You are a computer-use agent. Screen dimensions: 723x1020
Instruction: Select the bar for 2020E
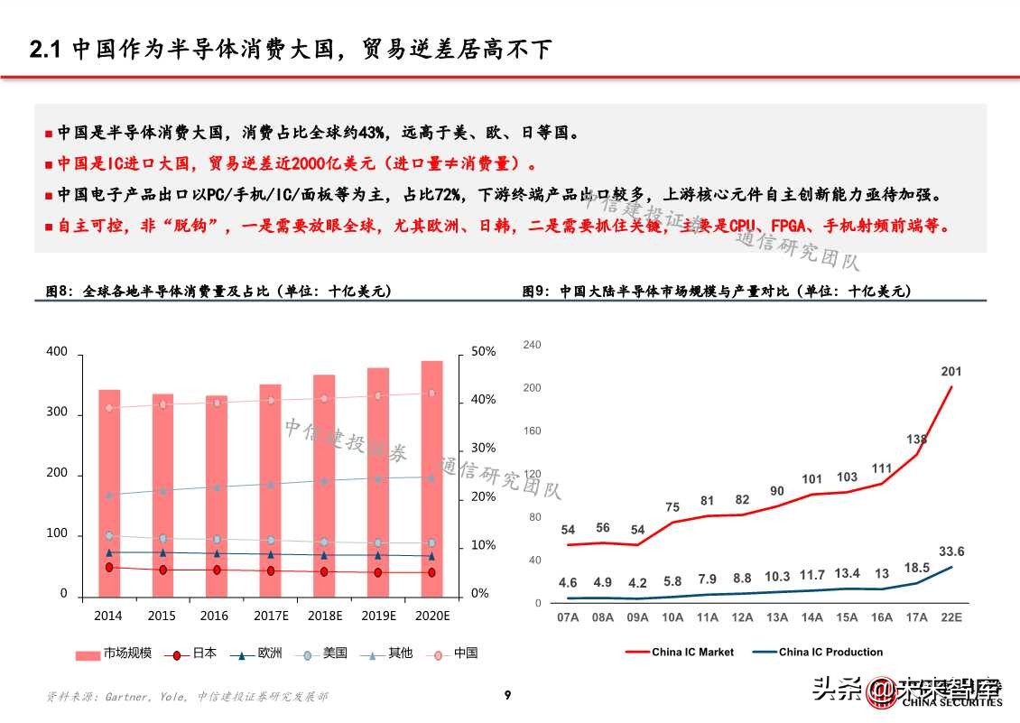(431, 478)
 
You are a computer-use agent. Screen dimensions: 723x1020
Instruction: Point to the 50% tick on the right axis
(483, 351)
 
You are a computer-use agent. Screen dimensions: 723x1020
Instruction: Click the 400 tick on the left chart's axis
(57, 351)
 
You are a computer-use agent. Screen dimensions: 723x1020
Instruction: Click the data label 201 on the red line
(951, 371)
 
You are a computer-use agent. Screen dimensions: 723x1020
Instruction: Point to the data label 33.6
(951, 552)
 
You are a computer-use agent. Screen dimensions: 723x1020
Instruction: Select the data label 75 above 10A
(672, 507)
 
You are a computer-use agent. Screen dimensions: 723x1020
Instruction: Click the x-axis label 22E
(950, 617)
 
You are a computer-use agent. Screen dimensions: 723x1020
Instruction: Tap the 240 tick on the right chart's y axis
(532, 345)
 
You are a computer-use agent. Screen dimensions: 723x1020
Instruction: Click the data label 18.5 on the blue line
(916, 567)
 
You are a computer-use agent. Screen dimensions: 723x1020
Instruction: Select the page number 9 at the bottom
(508, 695)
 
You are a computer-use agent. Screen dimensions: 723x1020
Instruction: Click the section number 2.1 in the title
(45, 51)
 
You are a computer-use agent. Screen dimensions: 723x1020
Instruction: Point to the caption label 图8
(58, 291)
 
